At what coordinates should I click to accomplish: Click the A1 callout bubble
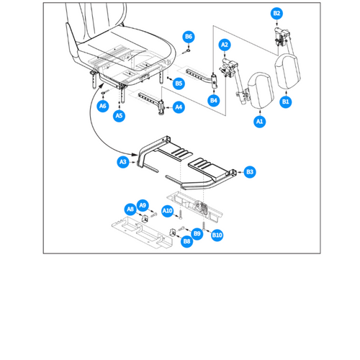coord(259,122)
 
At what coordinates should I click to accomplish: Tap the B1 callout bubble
coord(286,102)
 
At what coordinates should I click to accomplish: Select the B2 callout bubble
coord(276,14)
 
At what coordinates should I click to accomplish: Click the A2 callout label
coord(225,45)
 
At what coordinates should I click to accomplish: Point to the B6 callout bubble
coord(189,36)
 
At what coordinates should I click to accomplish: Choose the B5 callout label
coord(179,84)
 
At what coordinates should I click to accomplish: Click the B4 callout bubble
coord(214,101)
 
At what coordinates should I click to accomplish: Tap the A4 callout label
coord(179,107)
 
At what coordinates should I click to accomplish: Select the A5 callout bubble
coord(119,115)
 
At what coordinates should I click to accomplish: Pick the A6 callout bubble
coord(103,106)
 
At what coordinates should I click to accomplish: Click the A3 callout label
coord(123,163)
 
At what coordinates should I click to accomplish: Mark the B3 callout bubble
coord(250,171)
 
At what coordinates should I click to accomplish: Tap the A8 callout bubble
coord(130,209)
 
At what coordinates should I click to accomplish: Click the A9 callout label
coord(143,204)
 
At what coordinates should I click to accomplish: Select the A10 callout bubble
coord(167,210)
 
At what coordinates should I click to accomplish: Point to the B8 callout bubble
coord(186,242)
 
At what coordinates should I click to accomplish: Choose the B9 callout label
coord(197,233)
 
